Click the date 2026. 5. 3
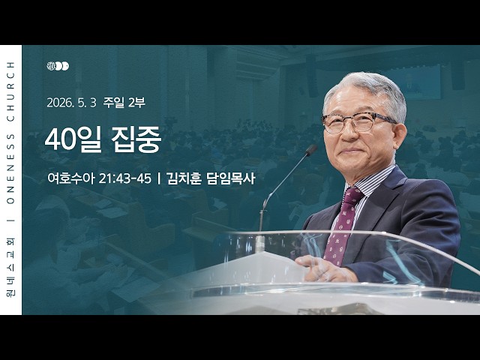(72, 103)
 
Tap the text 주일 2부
(124, 103)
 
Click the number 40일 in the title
(73, 139)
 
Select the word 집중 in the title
(136, 139)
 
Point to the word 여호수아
(71, 178)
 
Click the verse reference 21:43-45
(125, 178)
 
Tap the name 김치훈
(184, 178)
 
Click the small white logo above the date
(58, 66)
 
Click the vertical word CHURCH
(11, 91)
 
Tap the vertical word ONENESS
(11, 169)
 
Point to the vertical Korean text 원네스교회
(11, 268)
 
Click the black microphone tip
(311, 150)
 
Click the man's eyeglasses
(358, 122)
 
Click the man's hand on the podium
(323, 268)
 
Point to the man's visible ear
(399, 138)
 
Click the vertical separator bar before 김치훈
(159, 178)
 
